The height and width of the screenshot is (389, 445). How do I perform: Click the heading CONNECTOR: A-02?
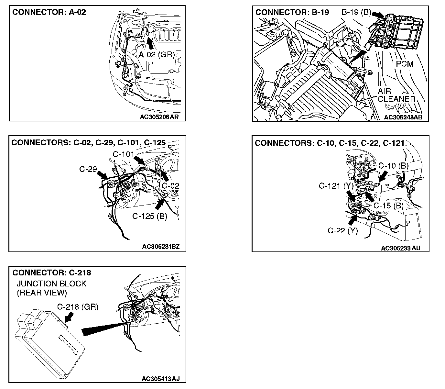(49, 13)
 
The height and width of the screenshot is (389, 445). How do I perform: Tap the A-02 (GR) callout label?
(157, 55)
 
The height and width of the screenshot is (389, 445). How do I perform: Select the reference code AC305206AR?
(159, 117)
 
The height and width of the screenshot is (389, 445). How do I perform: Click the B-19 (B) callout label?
(356, 13)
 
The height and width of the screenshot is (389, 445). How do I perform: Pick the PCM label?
(405, 64)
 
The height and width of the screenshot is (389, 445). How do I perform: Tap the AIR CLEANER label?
(396, 95)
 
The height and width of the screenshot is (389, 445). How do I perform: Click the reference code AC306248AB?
(403, 117)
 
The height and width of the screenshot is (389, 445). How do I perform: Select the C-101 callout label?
(124, 154)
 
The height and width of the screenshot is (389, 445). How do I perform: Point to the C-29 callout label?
(88, 169)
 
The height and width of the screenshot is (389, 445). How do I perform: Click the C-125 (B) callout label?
(149, 216)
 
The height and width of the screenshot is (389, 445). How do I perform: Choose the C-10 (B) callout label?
(393, 166)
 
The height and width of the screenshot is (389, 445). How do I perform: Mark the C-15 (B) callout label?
(388, 206)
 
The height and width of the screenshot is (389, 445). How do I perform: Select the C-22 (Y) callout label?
(343, 230)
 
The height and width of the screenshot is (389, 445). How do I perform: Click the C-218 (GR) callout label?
(78, 307)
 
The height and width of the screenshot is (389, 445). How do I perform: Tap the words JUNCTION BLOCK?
(51, 284)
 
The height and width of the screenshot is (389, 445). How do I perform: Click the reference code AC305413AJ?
(160, 379)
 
